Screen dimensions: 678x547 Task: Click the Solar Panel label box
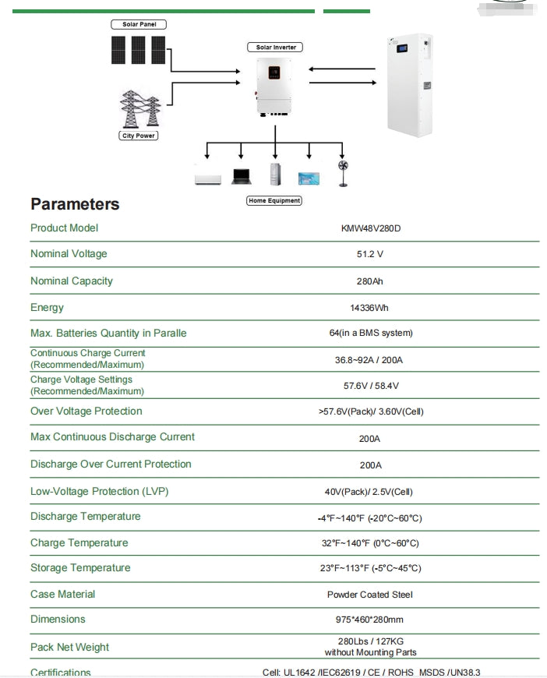139,24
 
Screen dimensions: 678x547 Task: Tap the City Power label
139,136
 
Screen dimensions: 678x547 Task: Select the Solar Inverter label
274,48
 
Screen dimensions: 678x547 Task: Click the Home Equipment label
273,200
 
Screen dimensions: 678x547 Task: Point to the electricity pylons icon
139,109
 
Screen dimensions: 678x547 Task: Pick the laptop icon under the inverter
241,177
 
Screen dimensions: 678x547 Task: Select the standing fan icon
341,173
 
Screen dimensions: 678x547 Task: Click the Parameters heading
75,204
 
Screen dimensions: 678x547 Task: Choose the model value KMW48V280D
370,228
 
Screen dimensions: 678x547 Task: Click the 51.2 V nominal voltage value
370,254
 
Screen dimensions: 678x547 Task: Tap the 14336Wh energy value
370,308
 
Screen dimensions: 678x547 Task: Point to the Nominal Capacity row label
72,281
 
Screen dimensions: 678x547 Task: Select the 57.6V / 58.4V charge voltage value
370,386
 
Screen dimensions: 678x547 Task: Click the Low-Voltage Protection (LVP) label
99,491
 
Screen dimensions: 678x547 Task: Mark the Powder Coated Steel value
370,595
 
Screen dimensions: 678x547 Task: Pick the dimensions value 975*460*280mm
370,620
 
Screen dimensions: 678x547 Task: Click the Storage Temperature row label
80,567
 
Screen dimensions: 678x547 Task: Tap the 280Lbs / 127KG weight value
370,641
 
